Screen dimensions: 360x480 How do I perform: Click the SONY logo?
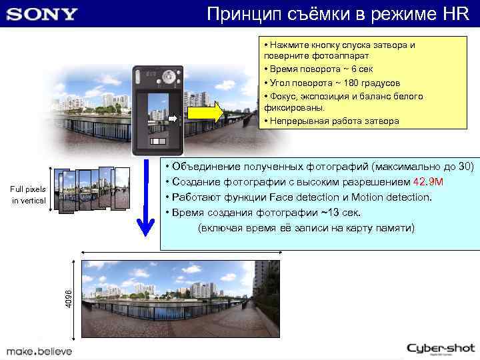click(x=41, y=13)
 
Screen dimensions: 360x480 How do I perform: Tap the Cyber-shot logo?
click(x=441, y=348)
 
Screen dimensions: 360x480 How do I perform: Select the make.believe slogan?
click(x=39, y=351)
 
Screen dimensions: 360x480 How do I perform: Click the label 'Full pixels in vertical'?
click(x=28, y=195)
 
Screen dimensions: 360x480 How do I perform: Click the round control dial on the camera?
click(x=169, y=75)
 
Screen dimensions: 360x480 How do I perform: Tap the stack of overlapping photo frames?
click(x=93, y=189)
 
